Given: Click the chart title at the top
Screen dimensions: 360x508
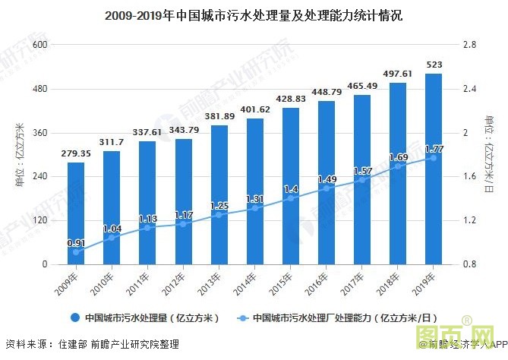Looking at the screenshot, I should coord(254,14).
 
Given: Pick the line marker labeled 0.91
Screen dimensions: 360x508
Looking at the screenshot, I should coord(76,251).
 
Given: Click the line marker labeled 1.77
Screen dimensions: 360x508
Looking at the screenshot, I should coord(434,157).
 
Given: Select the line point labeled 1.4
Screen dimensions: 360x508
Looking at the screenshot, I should coord(291,198).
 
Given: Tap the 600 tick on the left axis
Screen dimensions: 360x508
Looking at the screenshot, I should coord(40,45).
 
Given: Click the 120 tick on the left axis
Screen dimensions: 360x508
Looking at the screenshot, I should coord(40,220).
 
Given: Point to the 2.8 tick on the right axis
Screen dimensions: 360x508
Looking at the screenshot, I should coord(469,45).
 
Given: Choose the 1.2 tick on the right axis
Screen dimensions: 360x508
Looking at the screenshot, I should coord(469,220).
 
